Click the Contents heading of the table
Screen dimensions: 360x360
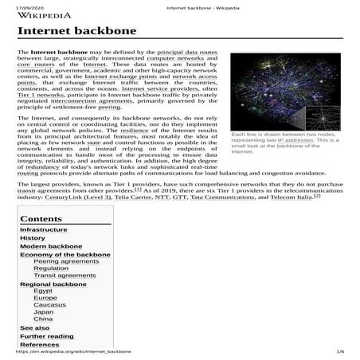click(41, 218)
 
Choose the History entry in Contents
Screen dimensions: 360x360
click(33, 237)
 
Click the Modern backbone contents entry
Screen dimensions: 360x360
click(51, 247)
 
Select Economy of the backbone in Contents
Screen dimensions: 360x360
click(65, 255)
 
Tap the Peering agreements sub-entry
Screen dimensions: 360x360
click(67, 262)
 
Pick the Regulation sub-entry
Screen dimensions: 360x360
click(51, 268)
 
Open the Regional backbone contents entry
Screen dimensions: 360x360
click(53, 284)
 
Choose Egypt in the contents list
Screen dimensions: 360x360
click(44, 292)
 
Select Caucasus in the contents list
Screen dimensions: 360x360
click(49, 305)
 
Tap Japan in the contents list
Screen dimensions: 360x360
click(44, 312)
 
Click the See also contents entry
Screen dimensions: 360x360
click(34, 327)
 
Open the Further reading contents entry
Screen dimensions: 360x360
click(47, 336)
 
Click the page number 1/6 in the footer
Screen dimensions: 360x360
click(340, 351)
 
